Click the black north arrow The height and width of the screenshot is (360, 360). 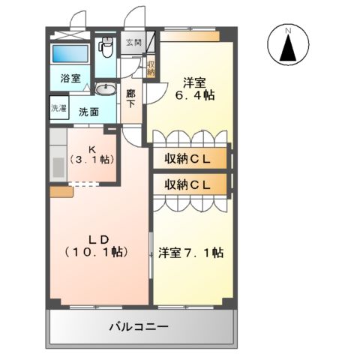(x=288, y=52)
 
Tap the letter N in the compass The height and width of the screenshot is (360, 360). (x=288, y=31)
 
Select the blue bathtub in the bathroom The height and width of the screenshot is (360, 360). (x=71, y=55)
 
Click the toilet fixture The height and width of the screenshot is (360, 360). (x=106, y=48)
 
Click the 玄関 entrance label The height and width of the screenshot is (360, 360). (x=133, y=43)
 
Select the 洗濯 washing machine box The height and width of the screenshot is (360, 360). (x=58, y=108)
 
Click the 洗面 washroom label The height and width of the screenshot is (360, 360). (x=88, y=112)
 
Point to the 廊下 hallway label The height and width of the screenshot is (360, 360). (x=131, y=98)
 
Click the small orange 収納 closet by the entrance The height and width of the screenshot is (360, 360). (x=151, y=67)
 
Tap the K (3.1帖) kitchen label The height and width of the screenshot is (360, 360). (x=91, y=154)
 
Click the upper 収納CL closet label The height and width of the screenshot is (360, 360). (x=189, y=159)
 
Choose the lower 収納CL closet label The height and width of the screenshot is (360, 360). (x=189, y=184)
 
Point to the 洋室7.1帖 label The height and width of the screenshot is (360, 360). (x=190, y=253)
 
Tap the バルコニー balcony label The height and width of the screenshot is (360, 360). (x=138, y=327)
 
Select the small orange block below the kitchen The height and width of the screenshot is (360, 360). (x=61, y=192)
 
